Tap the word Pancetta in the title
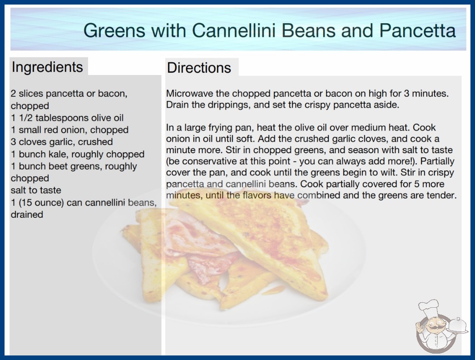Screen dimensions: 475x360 [x=417, y=30]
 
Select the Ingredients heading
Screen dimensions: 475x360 [x=47, y=67]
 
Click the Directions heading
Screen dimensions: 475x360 [x=199, y=68]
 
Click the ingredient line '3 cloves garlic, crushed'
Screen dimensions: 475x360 [x=62, y=142]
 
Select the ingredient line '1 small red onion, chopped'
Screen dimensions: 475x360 [x=69, y=130]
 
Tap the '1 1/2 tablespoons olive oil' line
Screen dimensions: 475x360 [x=67, y=118]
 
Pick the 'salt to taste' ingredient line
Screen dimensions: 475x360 [x=36, y=190]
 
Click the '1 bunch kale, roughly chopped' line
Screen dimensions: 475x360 [x=78, y=154]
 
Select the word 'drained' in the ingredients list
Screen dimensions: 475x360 [x=27, y=215]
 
